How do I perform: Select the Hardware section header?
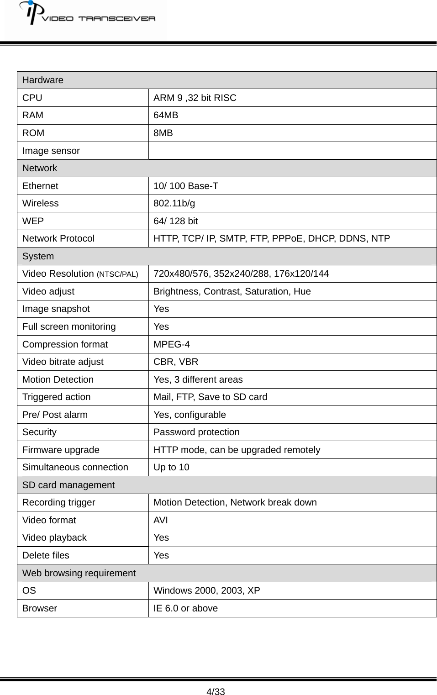point(43,80)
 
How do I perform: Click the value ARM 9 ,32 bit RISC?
point(195,98)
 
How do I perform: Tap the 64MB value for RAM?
point(166,115)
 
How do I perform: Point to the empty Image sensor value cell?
point(292,151)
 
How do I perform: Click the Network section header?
point(40,168)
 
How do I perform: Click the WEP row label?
point(33,221)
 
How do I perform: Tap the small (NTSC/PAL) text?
point(117,274)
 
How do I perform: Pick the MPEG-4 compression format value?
point(172,344)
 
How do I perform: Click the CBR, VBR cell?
point(176,362)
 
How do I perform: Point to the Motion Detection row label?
point(58,379)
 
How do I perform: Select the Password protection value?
point(196,432)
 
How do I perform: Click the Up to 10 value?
point(171,467)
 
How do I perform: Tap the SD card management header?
point(68,485)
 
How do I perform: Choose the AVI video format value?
point(161,520)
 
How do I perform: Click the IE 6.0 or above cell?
point(185,608)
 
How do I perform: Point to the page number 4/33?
point(216,691)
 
